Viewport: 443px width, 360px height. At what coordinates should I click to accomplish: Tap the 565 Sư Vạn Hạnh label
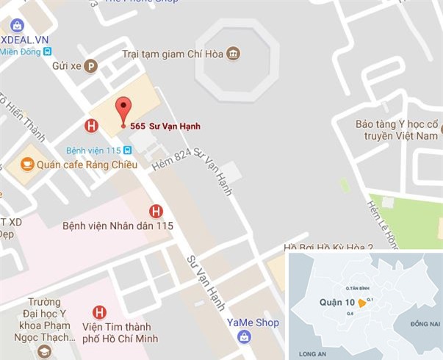pyautogui.click(x=165, y=126)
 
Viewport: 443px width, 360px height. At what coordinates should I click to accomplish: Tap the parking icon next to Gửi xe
pyautogui.click(x=91, y=65)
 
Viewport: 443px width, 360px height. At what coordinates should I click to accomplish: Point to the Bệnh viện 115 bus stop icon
pyautogui.click(x=128, y=150)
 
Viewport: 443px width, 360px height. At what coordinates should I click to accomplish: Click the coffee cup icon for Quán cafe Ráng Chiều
pyautogui.click(x=26, y=165)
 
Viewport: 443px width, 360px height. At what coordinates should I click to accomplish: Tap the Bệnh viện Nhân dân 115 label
pyautogui.click(x=118, y=226)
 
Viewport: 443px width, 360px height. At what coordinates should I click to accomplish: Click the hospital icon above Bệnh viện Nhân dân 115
pyautogui.click(x=156, y=211)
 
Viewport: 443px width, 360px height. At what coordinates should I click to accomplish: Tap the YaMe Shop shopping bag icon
pyautogui.click(x=243, y=336)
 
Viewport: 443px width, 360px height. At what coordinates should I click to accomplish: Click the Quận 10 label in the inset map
pyautogui.click(x=336, y=302)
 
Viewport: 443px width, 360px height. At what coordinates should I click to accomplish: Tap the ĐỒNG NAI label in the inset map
pyautogui.click(x=425, y=324)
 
